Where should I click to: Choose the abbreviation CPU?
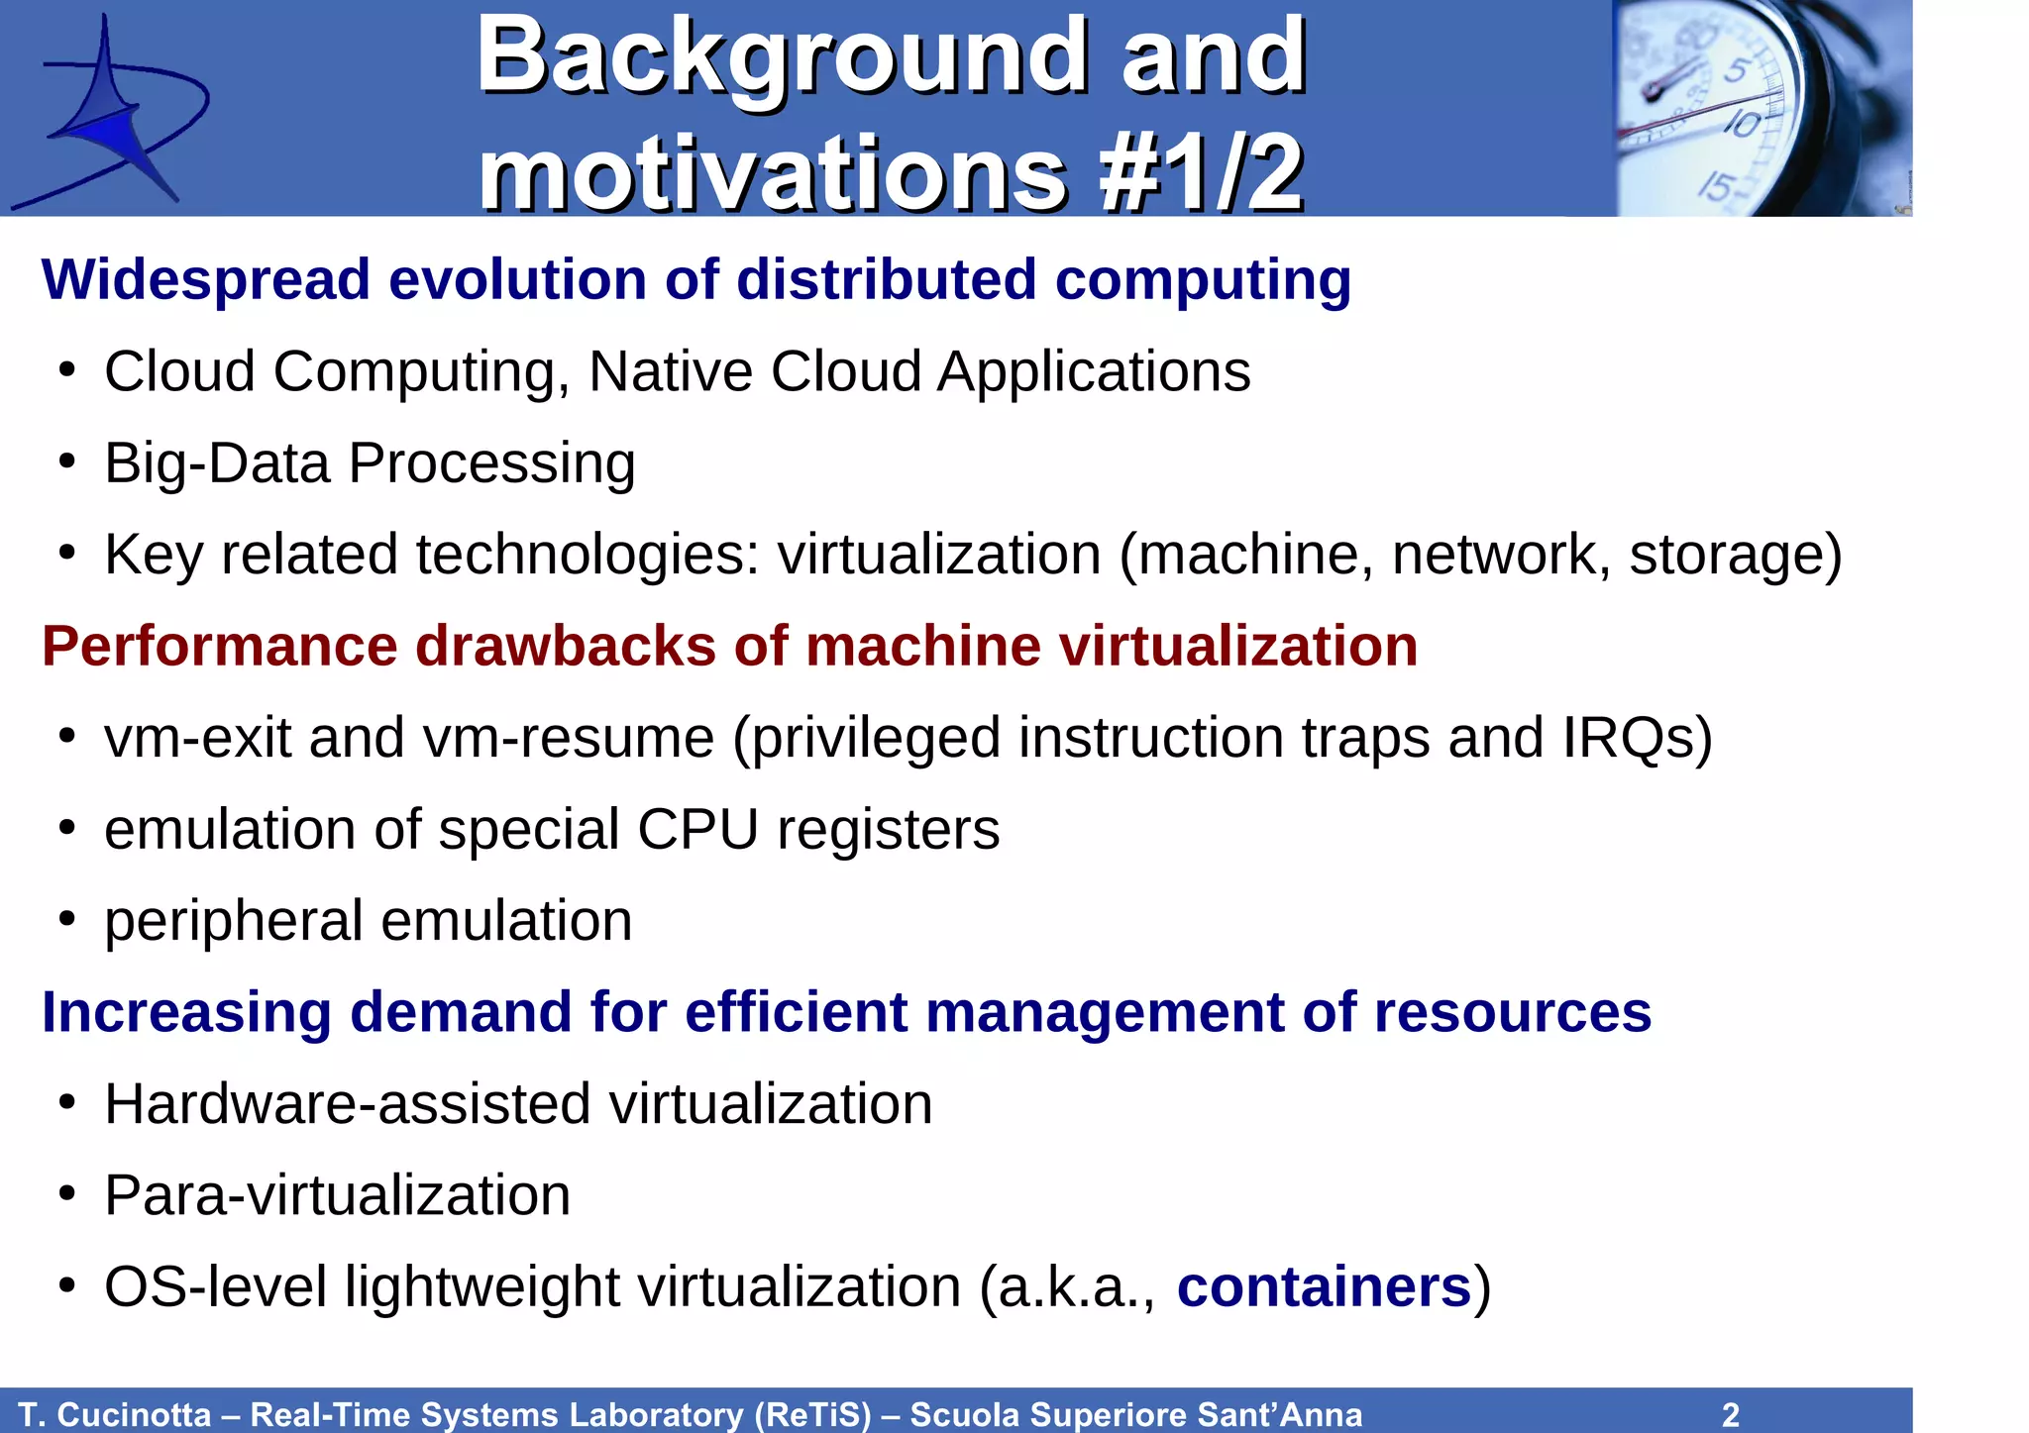(x=697, y=830)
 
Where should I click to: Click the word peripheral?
(x=233, y=922)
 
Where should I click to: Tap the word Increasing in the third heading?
(x=186, y=1013)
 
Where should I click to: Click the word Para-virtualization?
(x=337, y=1195)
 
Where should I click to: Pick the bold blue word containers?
(x=1324, y=1287)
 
